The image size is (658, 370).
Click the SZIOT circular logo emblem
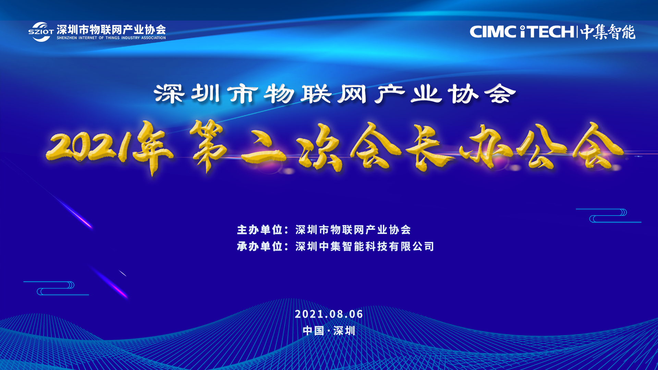coord(41,32)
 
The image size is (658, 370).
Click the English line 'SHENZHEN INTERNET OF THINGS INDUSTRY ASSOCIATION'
coord(111,38)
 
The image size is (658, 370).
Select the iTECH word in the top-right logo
coord(547,32)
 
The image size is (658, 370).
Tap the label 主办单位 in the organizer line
coord(259,230)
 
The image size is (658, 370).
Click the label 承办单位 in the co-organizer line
coord(259,246)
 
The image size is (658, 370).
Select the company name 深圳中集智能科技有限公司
coord(365,246)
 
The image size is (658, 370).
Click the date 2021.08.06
coord(329,314)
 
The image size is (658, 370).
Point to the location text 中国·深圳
coord(329,331)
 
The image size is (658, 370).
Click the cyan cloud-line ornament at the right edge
coord(609,215)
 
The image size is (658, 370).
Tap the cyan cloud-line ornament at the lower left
coord(56,288)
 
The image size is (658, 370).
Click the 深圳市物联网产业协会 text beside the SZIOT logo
coord(111,29)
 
